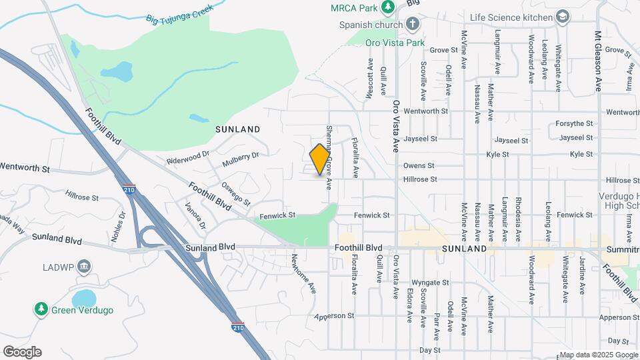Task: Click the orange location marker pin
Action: pyautogui.click(x=320, y=159)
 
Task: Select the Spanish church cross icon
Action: pyautogui.click(x=413, y=25)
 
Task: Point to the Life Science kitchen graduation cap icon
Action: pyautogui.click(x=563, y=17)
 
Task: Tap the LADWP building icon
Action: pyautogui.click(x=84, y=267)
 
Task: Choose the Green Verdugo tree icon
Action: pyautogui.click(x=41, y=309)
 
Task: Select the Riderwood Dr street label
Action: pyautogui.click(x=188, y=160)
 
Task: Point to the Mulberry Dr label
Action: pyautogui.click(x=241, y=159)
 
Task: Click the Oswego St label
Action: pyautogui.click(x=235, y=194)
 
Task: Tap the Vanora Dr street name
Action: pyautogui.click(x=193, y=214)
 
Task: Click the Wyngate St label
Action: pyautogui.click(x=431, y=283)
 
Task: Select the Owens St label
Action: pyautogui.click(x=418, y=165)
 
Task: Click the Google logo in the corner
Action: pyautogui.click(x=22, y=352)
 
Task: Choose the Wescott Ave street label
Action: pyautogui.click(x=370, y=79)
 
